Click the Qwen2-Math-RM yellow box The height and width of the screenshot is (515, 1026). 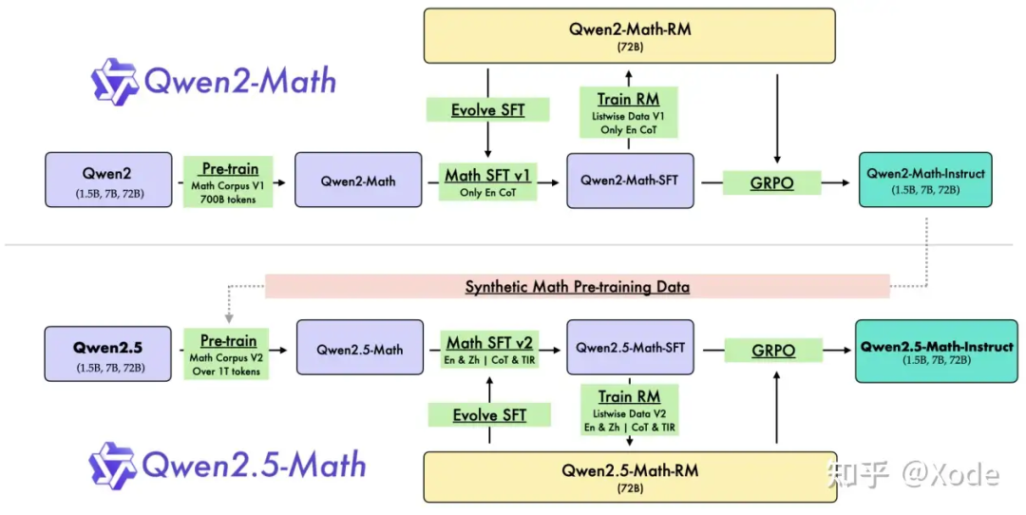(630, 36)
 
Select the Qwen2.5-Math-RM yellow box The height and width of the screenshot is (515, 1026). (630, 476)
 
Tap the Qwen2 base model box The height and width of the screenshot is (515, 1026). (108, 180)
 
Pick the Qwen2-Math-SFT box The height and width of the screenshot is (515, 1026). (630, 180)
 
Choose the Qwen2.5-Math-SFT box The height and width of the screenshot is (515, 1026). (630, 349)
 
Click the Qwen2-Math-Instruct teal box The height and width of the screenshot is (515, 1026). (925, 180)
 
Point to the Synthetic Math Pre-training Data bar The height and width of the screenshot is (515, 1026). (577, 287)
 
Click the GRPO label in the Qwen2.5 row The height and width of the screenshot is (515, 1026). (772, 351)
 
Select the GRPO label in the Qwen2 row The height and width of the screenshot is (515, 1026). (771, 182)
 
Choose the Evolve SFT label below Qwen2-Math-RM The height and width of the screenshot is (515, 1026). (487, 110)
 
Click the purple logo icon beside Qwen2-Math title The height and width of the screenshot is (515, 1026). (114, 82)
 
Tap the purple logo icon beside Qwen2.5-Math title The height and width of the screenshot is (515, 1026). (112, 465)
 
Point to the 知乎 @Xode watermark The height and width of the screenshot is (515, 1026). (912, 473)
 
